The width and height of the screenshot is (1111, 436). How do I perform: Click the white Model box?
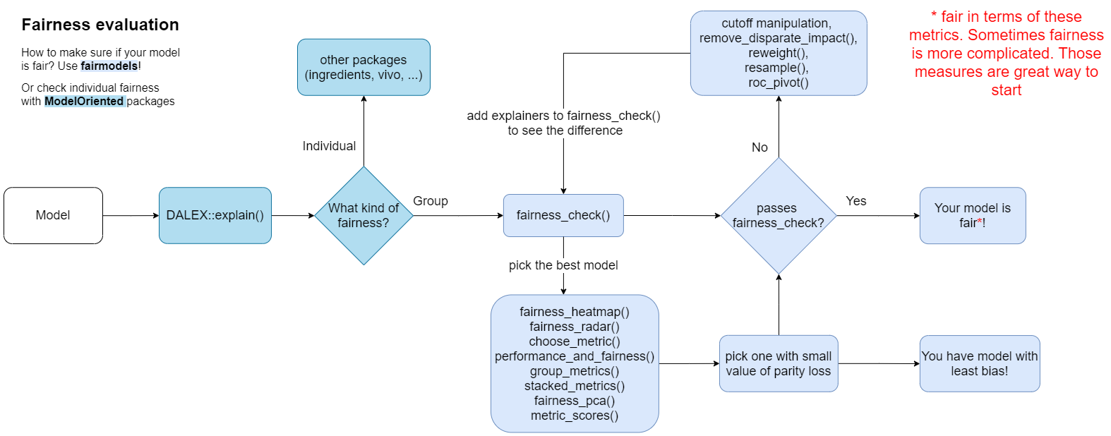(53, 215)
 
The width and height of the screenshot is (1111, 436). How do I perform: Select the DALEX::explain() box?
(215, 215)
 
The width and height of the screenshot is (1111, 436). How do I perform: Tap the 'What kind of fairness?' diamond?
(364, 216)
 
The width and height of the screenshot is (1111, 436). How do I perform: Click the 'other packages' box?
(364, 67)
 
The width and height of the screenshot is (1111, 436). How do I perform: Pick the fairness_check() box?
(563, 215)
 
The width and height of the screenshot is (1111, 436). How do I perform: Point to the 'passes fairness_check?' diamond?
(779, 215)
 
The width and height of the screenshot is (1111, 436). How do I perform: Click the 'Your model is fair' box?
(973, 215)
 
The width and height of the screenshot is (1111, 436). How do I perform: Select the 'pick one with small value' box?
(779, 363)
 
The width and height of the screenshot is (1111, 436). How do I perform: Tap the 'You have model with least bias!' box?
(980, 363)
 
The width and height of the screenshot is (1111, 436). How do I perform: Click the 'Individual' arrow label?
(329, 146)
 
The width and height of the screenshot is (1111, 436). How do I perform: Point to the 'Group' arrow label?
(431, 201)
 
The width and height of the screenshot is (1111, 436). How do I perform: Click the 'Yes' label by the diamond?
(856, 201)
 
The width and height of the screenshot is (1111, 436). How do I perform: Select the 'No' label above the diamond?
(759, 147)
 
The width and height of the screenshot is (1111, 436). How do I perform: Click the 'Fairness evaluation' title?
(100, 25)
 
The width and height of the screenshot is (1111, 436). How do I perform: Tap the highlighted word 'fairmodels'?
(109, 66)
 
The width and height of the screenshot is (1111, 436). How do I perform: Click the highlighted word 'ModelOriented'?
(84, 101)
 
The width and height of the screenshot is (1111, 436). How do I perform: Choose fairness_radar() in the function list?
(575, 327)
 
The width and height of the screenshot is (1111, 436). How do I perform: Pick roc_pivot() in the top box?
(779, 83)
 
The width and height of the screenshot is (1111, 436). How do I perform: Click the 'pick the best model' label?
(563, 265)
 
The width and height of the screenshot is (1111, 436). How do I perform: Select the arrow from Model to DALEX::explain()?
(131, 215)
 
